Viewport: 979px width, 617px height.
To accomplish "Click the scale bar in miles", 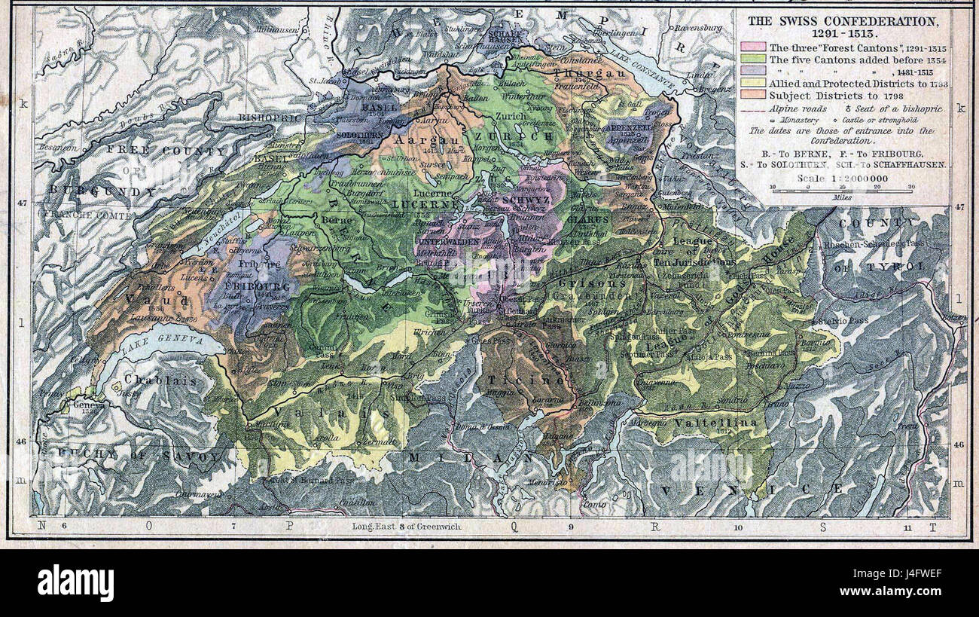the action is coord(841,191).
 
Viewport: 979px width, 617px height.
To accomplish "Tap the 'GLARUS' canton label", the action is coord(593,220).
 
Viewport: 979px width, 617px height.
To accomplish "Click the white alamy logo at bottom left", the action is coord(75,583).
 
